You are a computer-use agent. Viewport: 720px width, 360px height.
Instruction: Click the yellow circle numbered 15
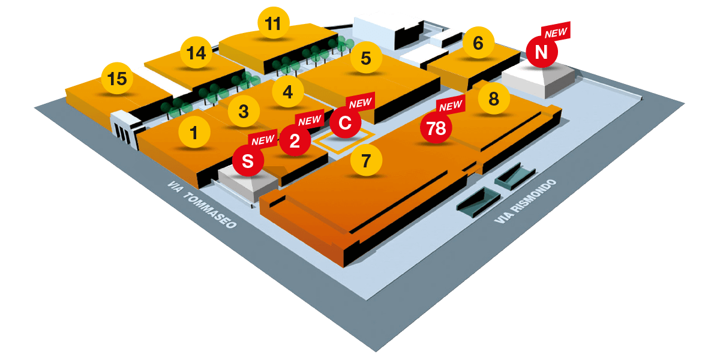point(118,79)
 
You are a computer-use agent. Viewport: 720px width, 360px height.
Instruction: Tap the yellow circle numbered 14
point(196,53)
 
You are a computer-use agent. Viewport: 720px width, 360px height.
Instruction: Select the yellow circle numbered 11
point(273,24)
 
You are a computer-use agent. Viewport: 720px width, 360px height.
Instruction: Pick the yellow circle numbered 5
point(366,58)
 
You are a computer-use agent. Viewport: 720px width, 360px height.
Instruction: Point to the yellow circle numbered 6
point(478,43)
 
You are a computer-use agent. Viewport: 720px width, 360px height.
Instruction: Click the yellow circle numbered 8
point(494,98)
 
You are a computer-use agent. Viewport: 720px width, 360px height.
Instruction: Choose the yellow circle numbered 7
point(367,160)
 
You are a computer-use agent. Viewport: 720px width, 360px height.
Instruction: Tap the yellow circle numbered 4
point(288,92)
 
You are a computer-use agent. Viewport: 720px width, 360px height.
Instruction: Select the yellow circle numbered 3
point(244,112)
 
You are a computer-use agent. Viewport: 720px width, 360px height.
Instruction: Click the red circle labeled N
point(542,52)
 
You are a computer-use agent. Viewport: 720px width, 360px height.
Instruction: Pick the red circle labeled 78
point(436,128)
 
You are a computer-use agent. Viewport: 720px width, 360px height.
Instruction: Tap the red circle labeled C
point(345,123)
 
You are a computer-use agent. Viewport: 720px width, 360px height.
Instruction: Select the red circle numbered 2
point(295,141)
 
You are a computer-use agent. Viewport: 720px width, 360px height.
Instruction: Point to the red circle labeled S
point(248,161)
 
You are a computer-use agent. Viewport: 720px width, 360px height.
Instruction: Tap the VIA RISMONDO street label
point(525,202)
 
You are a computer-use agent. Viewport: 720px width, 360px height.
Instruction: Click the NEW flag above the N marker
point(556,32)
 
